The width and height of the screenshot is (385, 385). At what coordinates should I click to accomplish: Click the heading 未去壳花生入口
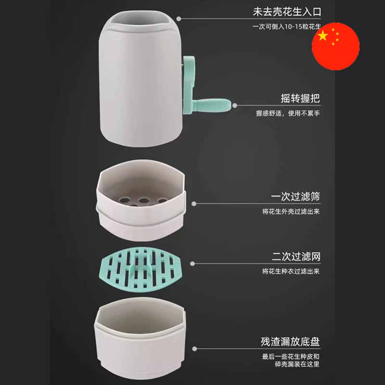(287, 12)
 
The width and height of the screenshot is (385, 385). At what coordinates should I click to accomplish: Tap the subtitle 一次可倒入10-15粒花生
(286, 26)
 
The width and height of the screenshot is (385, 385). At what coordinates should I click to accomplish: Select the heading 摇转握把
(300, 98)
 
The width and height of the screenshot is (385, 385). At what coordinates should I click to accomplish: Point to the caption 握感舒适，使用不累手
(288, 113)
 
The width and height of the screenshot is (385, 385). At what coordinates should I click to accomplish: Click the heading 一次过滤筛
(295, 196)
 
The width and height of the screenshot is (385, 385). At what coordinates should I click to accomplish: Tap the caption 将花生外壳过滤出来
(291, 211)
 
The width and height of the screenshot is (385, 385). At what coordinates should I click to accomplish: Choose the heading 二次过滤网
(296, 257)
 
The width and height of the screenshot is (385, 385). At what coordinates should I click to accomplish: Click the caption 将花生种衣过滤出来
(291, 271)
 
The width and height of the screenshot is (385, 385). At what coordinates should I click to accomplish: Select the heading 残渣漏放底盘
(290, 342)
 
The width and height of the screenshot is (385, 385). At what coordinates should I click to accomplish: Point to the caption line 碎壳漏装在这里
(297, 364)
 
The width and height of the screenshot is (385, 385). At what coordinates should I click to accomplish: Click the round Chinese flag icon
(335, 46)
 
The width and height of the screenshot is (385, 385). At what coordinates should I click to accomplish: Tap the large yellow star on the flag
(323, 36)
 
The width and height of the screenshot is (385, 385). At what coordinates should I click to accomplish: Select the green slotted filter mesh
(141, 269)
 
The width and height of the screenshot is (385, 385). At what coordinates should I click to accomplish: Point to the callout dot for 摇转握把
(235, 105)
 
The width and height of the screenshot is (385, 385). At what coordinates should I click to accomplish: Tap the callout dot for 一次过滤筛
(194, 204)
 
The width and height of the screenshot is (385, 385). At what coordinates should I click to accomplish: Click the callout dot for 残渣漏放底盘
(194, 348)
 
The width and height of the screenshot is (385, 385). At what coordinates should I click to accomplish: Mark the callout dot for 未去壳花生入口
(179, 19)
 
